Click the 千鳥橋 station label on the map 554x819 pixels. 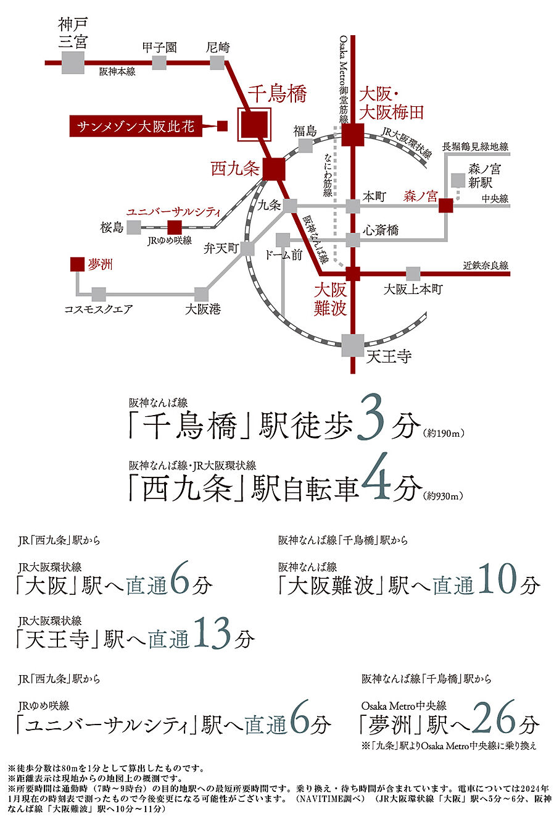click(276, 94)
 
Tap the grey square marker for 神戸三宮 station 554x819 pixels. click(73, 62)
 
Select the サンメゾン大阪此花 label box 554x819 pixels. click(135, 127)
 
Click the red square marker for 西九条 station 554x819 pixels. click(273, 169)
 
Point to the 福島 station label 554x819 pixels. click(305, 130)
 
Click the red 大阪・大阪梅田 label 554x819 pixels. click(392, 103)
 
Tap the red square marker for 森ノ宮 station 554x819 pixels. click(445, 206)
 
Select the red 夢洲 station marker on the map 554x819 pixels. click(77, 264)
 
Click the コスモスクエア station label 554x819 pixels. click(99, 309)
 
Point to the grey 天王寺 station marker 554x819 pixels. click(352, 345)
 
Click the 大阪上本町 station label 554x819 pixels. click(413, 288)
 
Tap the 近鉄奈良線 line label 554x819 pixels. click(486, 266)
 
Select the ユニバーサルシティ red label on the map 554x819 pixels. click(173, 212)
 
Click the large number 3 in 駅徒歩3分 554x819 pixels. click(371, 423)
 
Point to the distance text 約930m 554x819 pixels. click(444, 496)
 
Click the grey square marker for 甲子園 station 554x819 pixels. click(159, 62)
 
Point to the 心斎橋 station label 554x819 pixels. click(381, 230)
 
